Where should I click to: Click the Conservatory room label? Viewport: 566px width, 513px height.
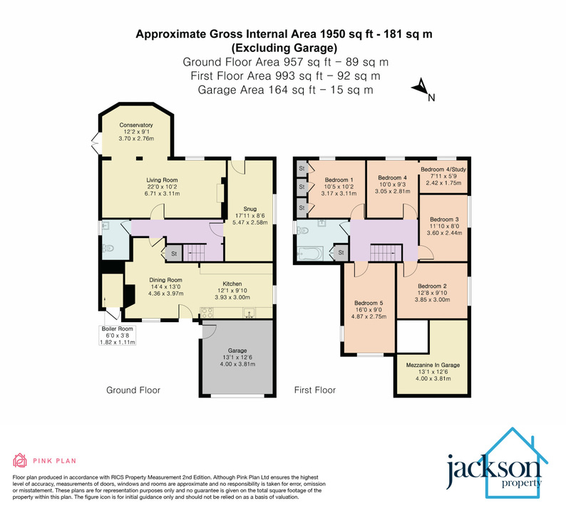click(x=136, y=125)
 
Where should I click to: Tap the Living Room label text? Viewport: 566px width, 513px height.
click(x=162, y=180)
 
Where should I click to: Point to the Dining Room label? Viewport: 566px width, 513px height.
click(x=165, y=279)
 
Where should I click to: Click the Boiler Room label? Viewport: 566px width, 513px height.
click(x=117, y=329)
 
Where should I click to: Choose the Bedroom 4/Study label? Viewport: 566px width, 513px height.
click(x=442, y=170)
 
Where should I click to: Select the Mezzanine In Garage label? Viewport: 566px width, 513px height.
click(x=433, y=365)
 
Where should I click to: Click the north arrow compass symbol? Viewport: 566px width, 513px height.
click(x=419, y=88)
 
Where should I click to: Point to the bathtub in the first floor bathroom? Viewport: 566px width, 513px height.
click(x=311, y=252)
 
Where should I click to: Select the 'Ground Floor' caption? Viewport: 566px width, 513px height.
click(x=133, y=390)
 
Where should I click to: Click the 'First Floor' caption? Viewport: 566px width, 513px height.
click(x=315, y=390)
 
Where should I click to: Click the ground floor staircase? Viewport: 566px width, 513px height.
click(x=195, y=252)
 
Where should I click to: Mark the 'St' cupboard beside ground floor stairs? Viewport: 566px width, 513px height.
click(x=173, y=252)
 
